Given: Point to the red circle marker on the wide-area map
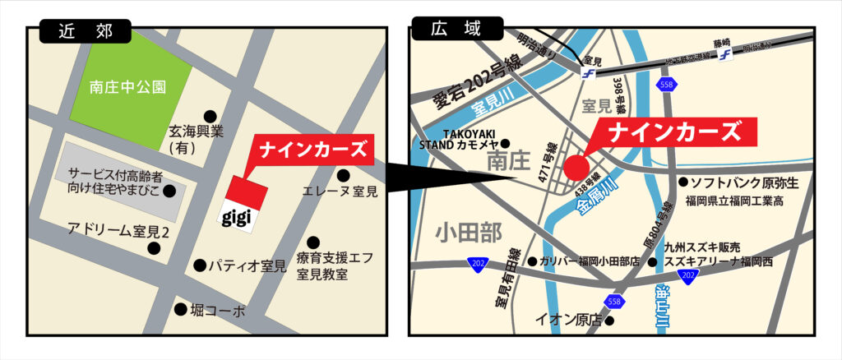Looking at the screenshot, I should (576, 165).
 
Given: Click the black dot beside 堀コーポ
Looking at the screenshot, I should (180, 309).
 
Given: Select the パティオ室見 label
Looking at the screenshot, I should (246, 266).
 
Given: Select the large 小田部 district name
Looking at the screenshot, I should (469, 233).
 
